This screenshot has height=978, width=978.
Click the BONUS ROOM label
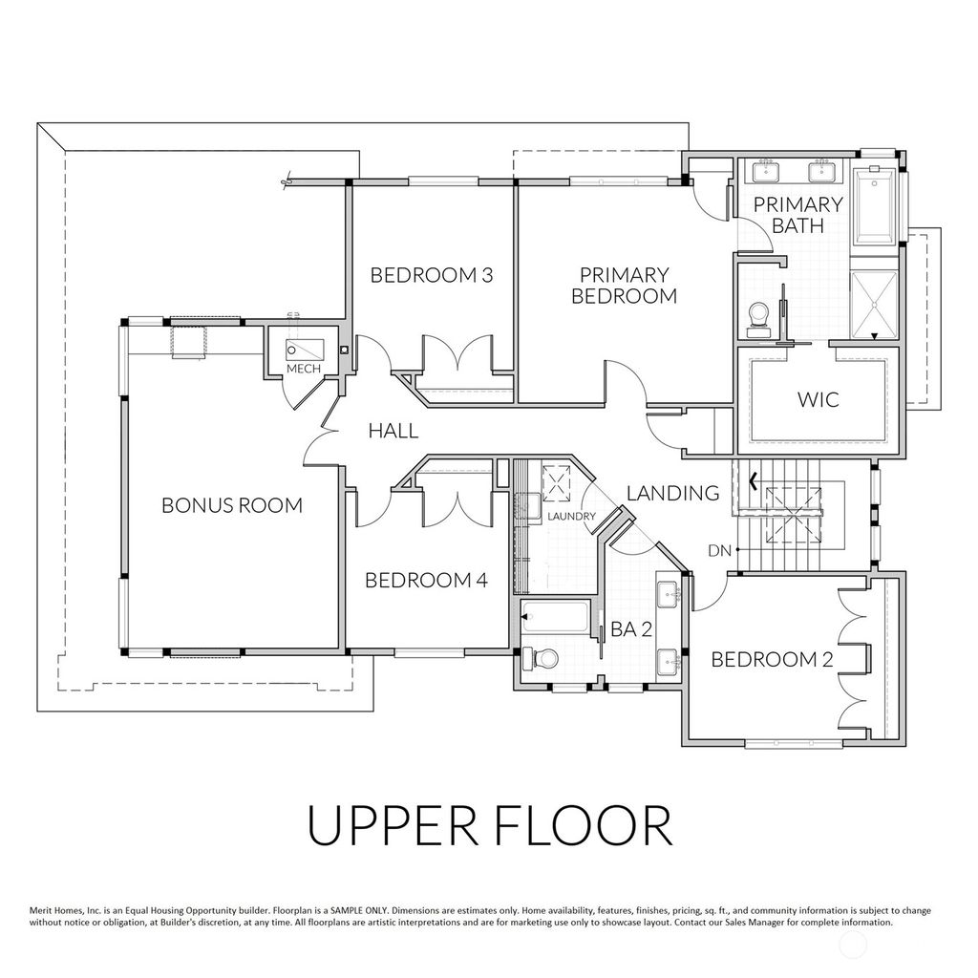click(231, 505)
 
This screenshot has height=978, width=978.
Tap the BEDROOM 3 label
click(432, 276)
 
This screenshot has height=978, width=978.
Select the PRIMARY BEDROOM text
click(624, 286)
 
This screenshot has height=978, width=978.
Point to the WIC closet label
click(819, 398)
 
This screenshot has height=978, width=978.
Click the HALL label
click(393, 431)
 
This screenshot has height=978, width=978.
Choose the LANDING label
click(672, 493)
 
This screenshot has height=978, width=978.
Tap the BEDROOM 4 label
click(427, 580)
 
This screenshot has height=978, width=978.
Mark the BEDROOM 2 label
click(772, 659)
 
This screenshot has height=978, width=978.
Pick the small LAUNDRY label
click(572, 517)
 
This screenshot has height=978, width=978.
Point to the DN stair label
click(721, 550)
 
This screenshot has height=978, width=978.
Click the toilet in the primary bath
click(760, 317)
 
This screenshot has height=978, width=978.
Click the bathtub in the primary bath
click(874, 205)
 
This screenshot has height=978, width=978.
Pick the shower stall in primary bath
click(874, 304)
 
